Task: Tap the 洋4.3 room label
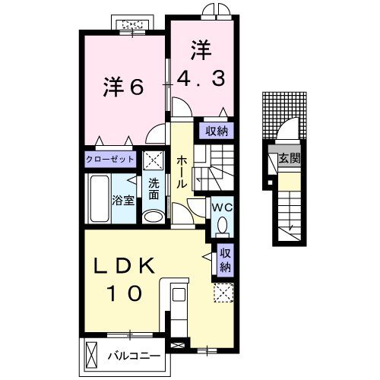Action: point(201,64)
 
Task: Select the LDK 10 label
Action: point(125,278)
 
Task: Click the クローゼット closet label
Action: point(110,160)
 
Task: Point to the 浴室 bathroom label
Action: point(123,201)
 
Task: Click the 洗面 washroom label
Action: point(154,188)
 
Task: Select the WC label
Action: point(221,207)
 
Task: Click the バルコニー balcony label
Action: point(132,356)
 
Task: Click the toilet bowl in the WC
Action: point(222,225)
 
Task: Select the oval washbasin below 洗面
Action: point(153,217)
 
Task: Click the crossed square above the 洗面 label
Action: point(154,161)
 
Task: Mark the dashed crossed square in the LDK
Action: point(223,293)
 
